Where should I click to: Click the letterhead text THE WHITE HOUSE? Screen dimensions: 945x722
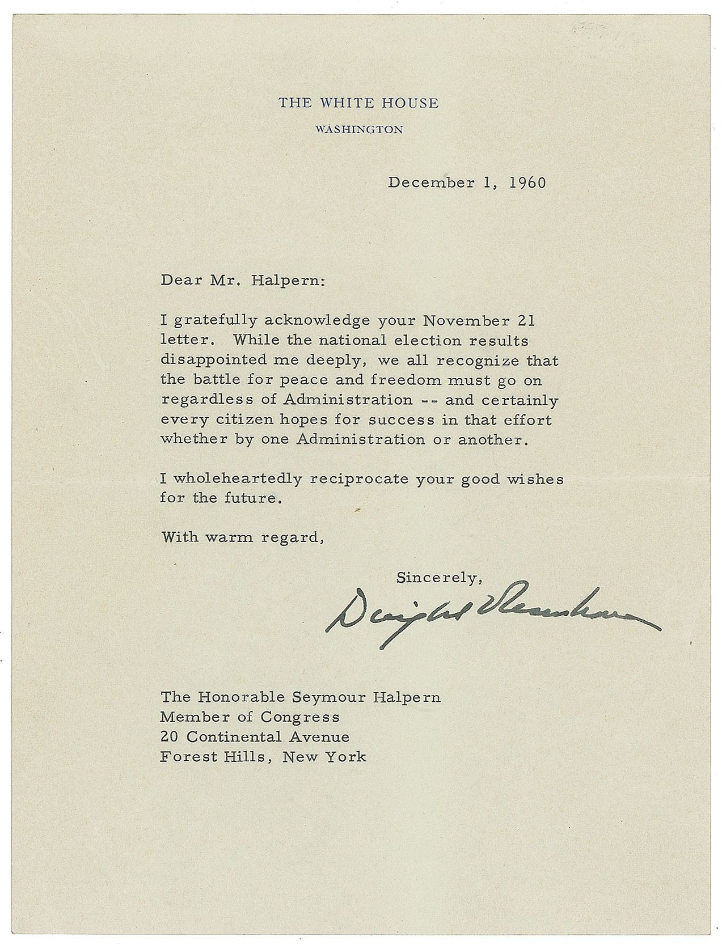click(358, 103)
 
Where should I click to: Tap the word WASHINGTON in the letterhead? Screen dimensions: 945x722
click(359, 130)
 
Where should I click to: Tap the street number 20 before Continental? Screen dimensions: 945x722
click(168, 737)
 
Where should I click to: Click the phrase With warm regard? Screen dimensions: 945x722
click(242, 537)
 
